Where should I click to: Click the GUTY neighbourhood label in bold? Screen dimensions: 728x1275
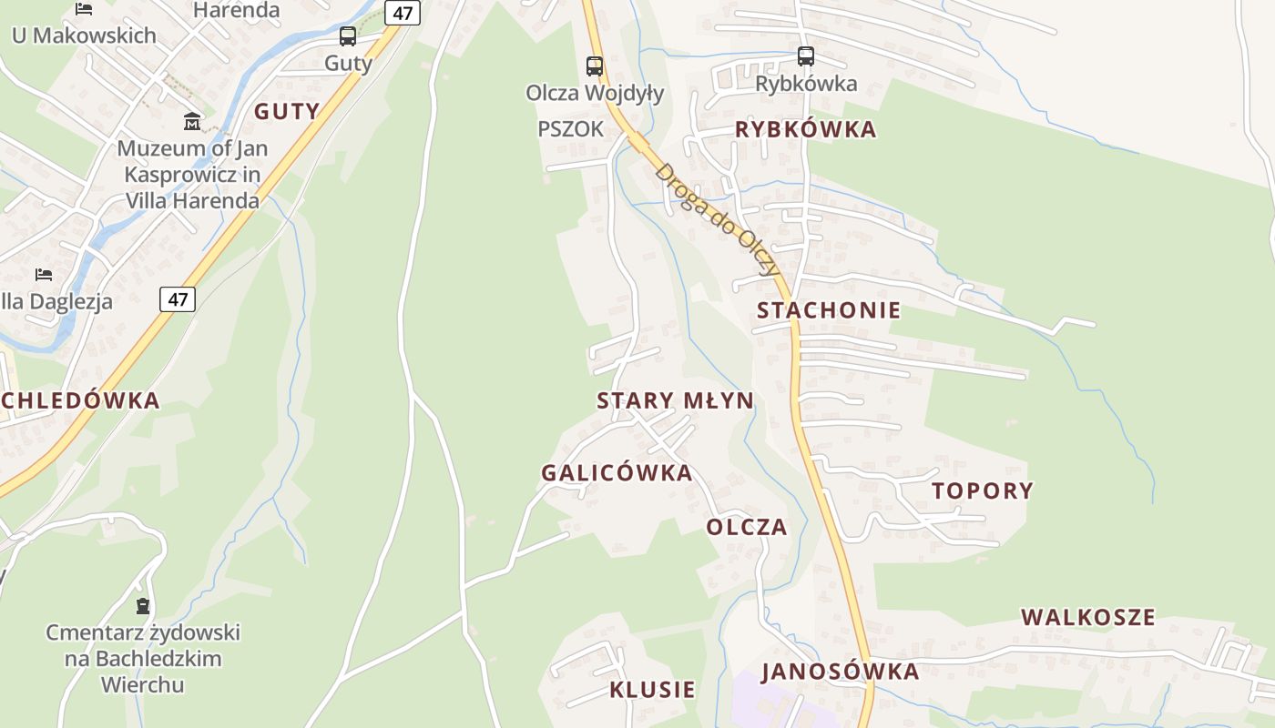[287, 111]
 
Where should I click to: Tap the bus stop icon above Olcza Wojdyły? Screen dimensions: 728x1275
[595, 66]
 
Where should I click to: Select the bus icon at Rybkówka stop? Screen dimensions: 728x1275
[806, 56]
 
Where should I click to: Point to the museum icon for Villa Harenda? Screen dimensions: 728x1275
[192, 121]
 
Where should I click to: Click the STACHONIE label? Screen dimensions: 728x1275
[829, 310]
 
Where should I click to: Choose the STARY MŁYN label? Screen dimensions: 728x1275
[675, 400]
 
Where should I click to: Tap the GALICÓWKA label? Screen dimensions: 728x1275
[617, 473]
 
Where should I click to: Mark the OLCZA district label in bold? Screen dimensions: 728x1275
[747, 528]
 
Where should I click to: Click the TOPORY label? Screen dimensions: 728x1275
[983, 491]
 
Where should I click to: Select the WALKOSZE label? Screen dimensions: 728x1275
[1087, 617]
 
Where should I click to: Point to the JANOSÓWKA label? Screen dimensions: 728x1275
[840, 672]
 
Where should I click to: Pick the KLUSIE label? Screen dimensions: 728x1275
[652, 690]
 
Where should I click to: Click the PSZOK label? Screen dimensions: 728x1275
[571, 129]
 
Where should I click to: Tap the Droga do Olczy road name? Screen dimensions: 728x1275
[718, 219]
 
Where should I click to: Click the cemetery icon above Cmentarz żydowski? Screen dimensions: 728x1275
[143, 606]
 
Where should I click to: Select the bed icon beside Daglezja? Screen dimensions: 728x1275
[44, 274]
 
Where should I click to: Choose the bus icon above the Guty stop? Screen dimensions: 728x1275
[348, 36]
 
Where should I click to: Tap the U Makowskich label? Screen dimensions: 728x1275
[84, 35]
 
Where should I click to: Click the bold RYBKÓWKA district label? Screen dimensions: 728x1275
[805, 129]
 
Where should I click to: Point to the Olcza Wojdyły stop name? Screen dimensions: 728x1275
[595, 93]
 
